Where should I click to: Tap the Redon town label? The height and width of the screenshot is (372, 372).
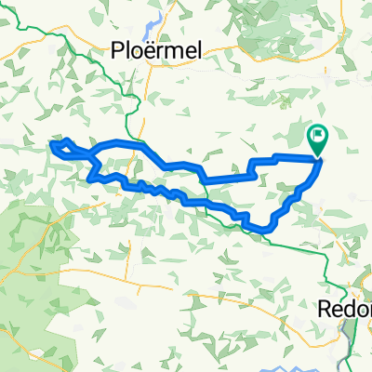click(344, 308)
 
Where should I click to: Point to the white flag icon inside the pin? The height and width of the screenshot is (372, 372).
click(318, 136)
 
